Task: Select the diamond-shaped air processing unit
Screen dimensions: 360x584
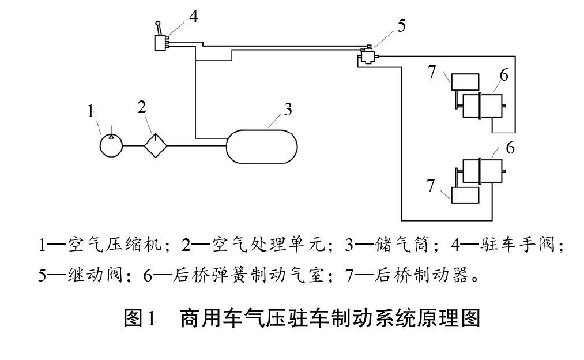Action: point(154,145)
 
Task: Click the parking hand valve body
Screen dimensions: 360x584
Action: point(160,42)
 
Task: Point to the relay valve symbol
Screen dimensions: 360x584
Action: point(366,57)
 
